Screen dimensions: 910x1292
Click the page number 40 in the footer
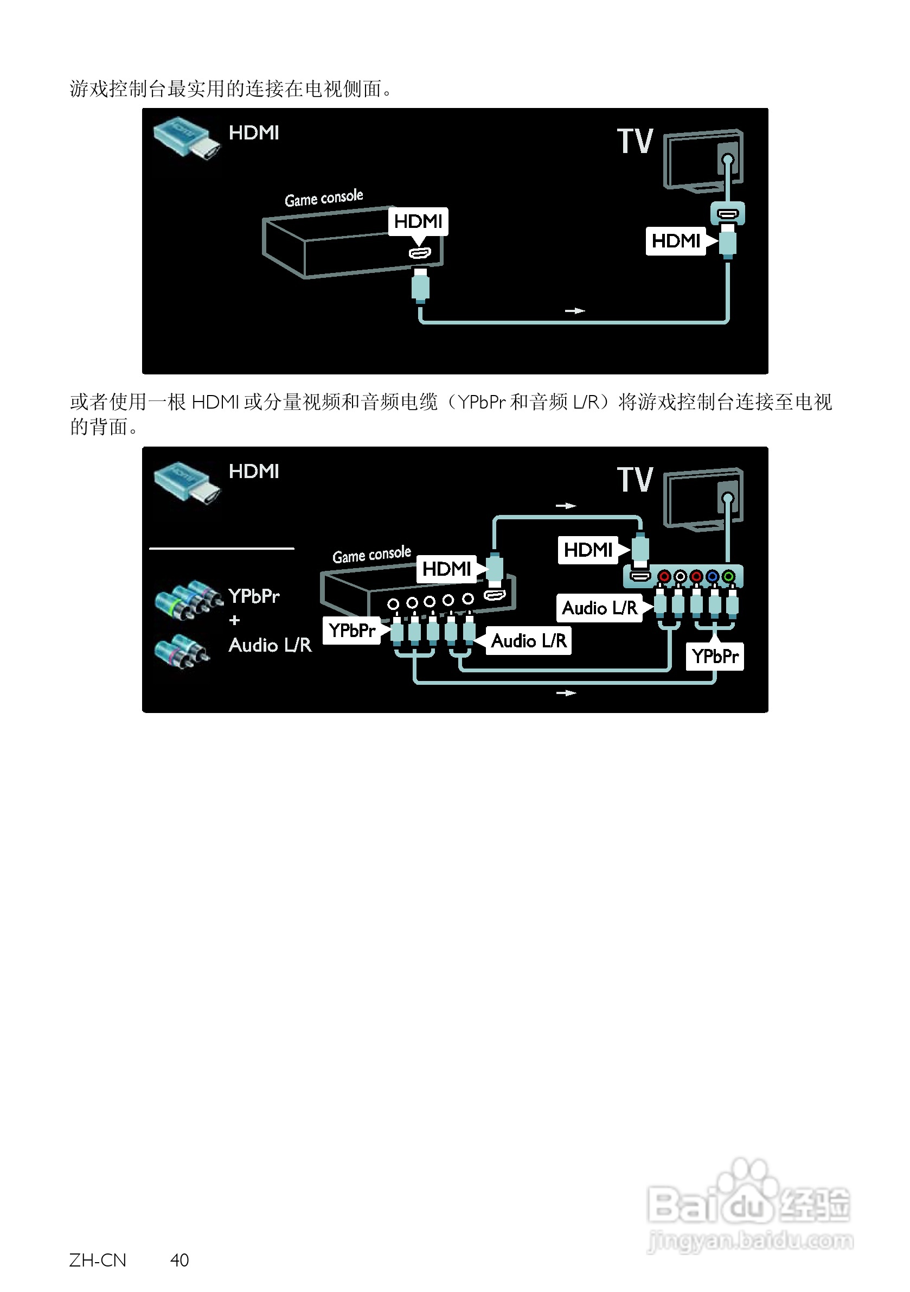(x=180, y=1260)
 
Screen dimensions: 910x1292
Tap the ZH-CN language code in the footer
(x=98, y=1260)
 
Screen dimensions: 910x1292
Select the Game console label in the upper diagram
(x=323, y=198)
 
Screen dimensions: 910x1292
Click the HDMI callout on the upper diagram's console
(x=418, y=221)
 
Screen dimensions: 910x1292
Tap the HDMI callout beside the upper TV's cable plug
(x=676, y=241)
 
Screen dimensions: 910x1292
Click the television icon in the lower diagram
(x=703, y=498)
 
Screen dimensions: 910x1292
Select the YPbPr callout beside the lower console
(x=351, y=630)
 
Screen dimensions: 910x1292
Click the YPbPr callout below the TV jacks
(x=714, y=656)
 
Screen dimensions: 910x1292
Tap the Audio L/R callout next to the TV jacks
(x=600, y=608)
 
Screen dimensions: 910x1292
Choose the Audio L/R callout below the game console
(x=529, y=640)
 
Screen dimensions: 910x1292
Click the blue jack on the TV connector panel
(x=712, y=576)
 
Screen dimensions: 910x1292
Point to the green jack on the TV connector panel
(x=728, y=576)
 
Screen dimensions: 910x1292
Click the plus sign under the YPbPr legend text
(x=234, y=620)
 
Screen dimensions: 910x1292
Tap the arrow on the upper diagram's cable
(x=575, y=310)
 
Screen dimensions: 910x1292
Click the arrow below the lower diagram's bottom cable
(x=566, y=693)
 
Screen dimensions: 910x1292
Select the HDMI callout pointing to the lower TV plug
(x=588, y=549)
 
